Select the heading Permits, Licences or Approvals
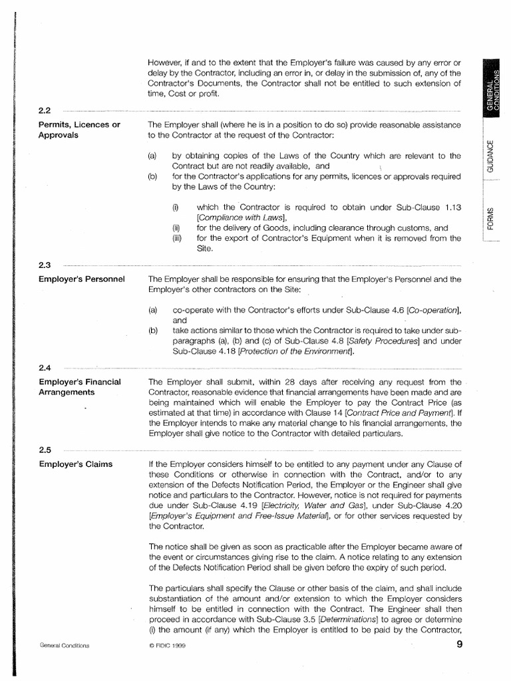[79, 129]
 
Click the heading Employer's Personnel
[82, 279]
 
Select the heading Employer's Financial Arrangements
[80, 386]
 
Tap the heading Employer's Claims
[75, 464]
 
